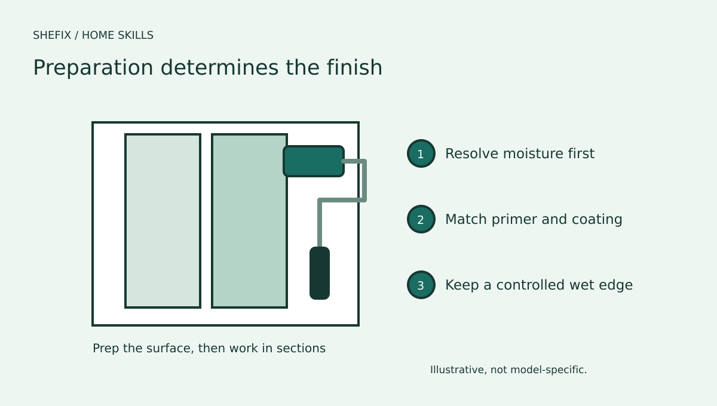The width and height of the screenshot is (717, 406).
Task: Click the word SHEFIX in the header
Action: coord(52,35)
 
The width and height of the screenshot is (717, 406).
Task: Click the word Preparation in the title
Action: coord(93,69)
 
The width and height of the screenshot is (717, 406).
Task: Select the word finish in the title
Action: coord(354,67)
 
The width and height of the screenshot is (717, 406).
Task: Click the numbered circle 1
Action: coord(421,153)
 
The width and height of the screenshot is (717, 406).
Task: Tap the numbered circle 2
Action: coord(421,219)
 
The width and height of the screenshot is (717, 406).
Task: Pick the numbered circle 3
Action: coord(421,285)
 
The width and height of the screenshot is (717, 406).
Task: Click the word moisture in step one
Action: coord(533,153)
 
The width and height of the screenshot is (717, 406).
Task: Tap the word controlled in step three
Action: coord(525,285)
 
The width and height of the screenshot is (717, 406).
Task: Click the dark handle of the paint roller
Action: coord(320,273)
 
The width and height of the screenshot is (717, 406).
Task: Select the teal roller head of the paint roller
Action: coord(314,161)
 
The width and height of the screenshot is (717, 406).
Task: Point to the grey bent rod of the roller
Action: coord(364,181)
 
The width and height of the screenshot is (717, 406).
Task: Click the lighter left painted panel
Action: coord(163,221)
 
